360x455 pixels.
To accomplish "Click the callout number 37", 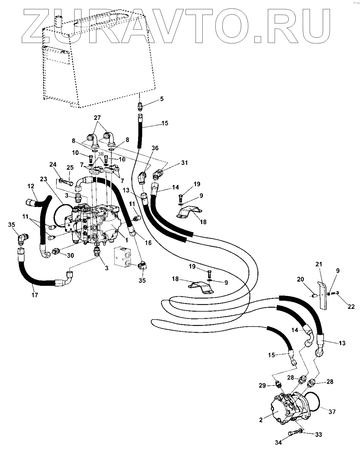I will click(332, 412).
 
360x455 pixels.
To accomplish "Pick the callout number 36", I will click(155, 148).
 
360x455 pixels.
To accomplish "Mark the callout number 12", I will click(31, 186).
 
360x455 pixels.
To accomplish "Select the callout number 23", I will click(44, 179).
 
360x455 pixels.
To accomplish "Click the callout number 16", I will click(148, 243).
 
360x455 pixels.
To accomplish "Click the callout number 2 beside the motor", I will click(261, 420).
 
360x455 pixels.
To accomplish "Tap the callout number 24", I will click(53, 165).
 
